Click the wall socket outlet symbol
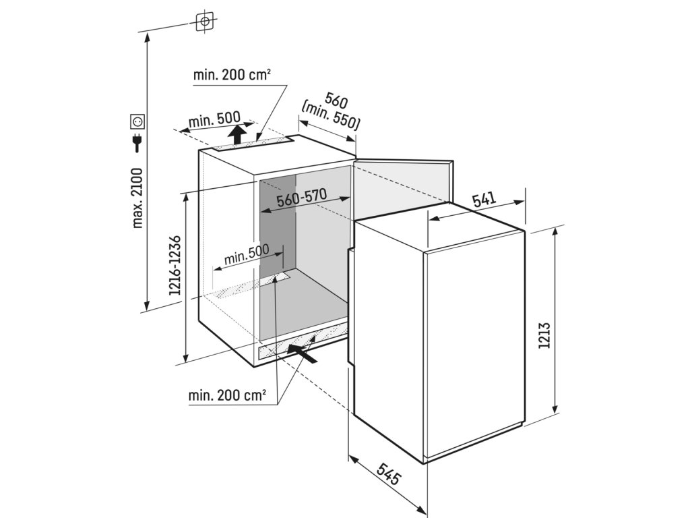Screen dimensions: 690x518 (x=137, y=122)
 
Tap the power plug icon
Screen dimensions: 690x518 (x=137, y=143)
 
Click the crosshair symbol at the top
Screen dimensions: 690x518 (x=204, y=22)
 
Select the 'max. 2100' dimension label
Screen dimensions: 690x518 (x=137, y=197)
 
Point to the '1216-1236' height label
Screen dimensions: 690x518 (x=175, y=266)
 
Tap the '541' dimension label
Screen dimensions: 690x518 (x=483, y=200)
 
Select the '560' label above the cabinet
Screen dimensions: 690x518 (x=335, y=101)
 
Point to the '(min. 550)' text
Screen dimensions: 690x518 (x=331, y=115)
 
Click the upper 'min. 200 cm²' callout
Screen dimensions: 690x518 (x=232, y=76)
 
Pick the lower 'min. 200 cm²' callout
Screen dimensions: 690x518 (x=227, y=395)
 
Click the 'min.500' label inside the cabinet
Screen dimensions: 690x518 (x=247, y=255)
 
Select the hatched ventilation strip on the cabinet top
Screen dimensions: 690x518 (x=256, y=143)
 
